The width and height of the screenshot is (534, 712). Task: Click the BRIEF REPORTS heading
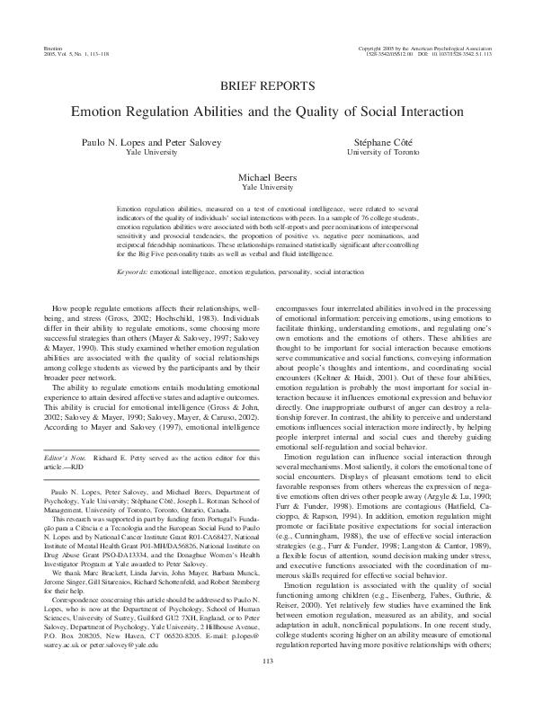(266, 86)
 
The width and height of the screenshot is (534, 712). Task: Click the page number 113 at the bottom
(267, 688)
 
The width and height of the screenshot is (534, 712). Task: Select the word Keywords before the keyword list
(133, 245)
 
